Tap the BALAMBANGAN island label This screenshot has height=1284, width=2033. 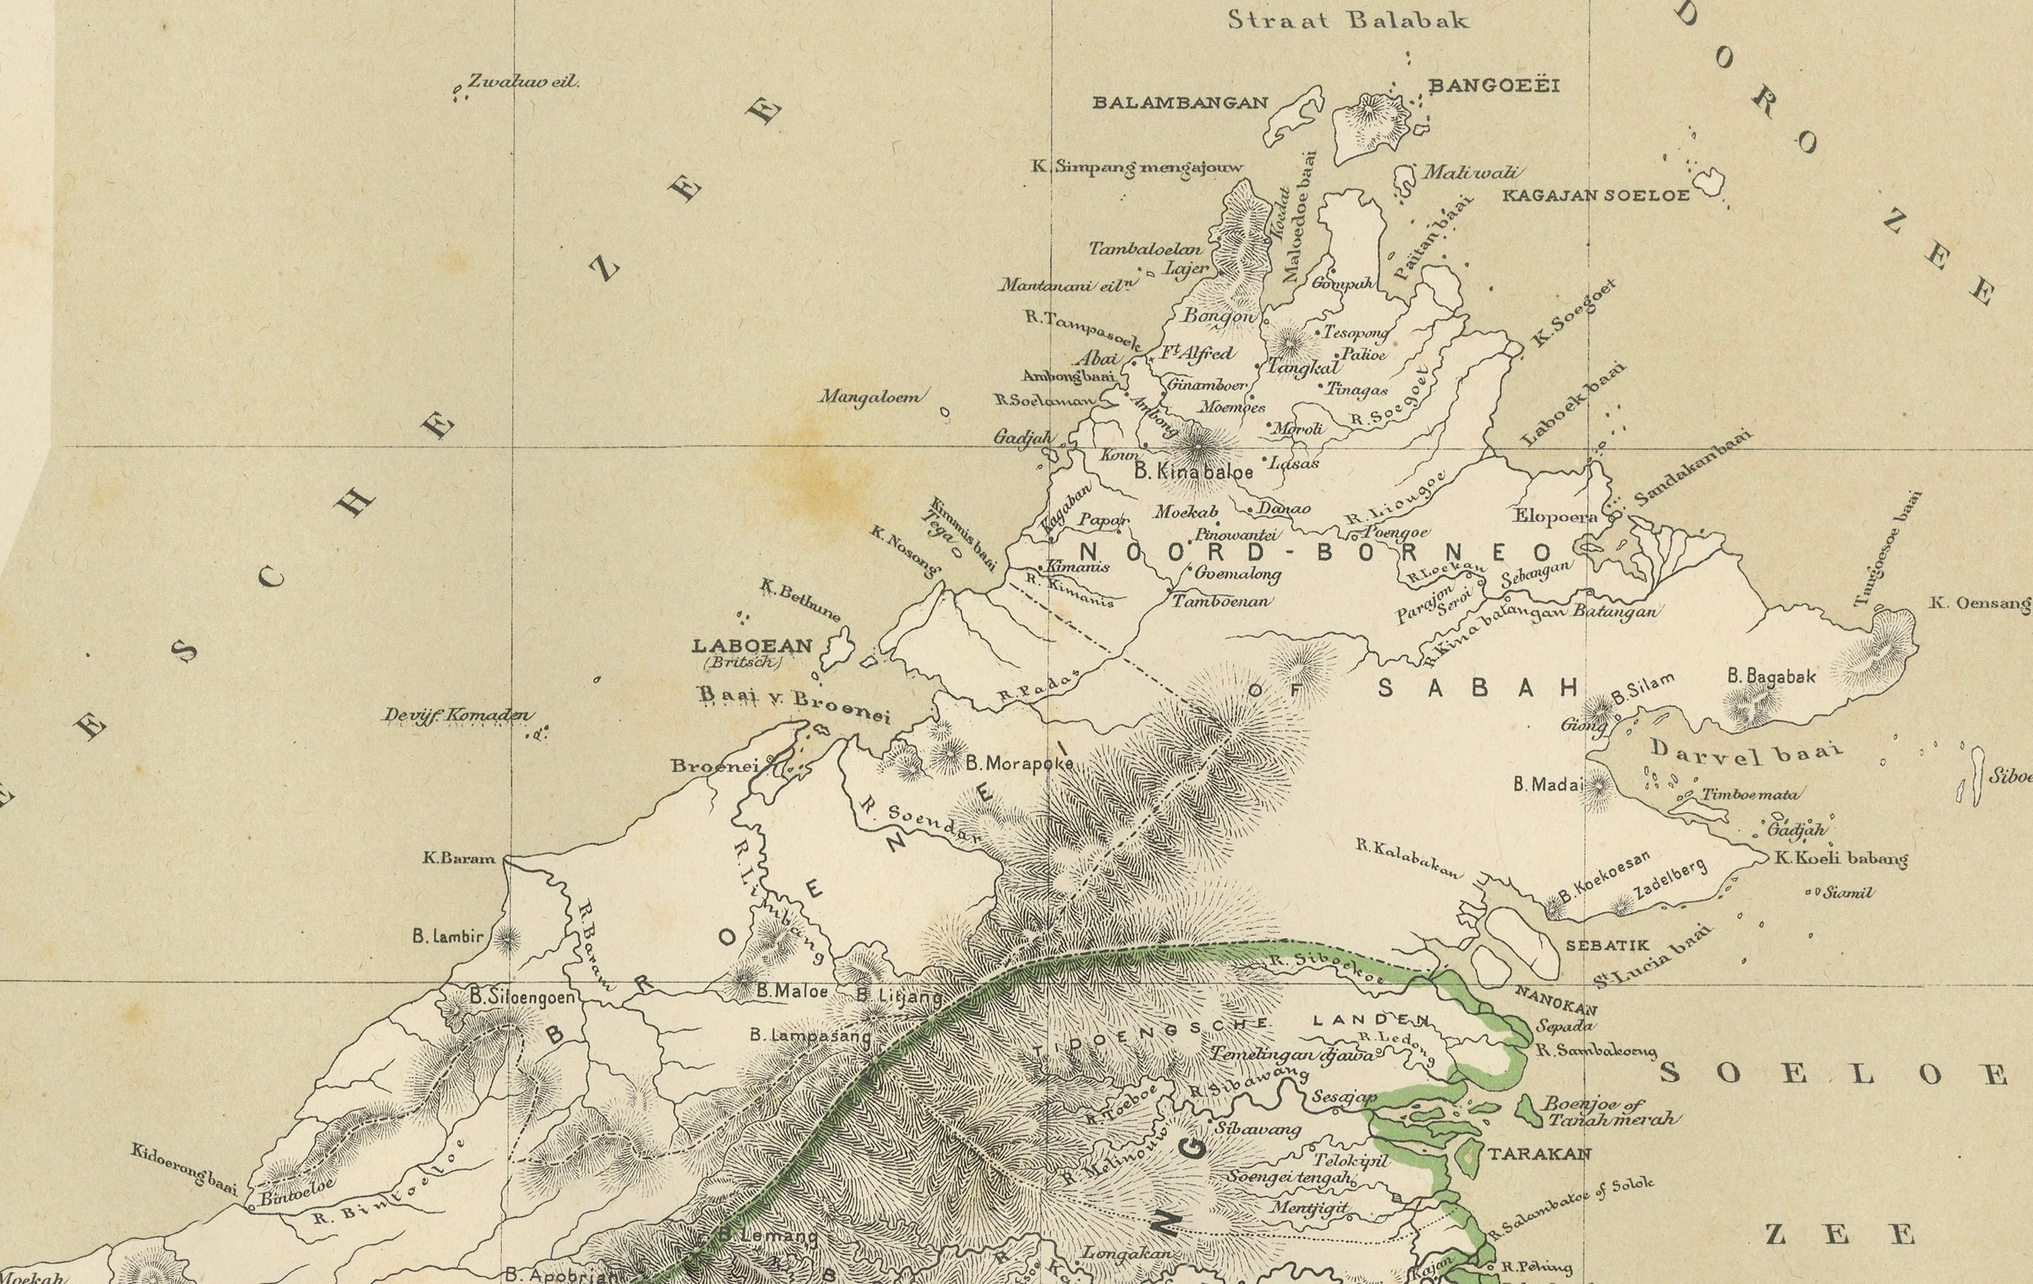click(x=1180, y=103)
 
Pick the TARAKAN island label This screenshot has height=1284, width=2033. click(x=1538, y=1154)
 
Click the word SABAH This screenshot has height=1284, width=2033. click(x=1477, y=688)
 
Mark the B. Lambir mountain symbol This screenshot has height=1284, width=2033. click(x=507, y=936)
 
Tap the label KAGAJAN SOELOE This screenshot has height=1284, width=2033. click(x=1596, y=196)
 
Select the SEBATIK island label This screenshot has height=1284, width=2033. click(x=1606, y=946)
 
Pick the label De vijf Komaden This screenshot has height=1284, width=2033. click(x=457, y=716)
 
